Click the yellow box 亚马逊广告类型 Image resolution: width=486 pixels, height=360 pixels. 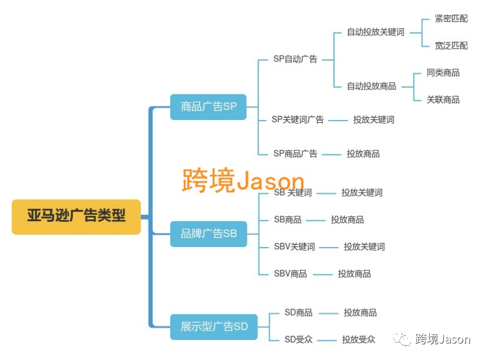(76, 217)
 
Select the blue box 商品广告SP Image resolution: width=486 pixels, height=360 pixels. (208, 107)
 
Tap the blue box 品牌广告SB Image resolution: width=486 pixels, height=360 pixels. (209, 234)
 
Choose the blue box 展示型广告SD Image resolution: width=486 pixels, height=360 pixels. (214, 327)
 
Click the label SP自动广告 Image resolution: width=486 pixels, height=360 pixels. (295, 59)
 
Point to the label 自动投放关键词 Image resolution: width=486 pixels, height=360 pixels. (375, 32)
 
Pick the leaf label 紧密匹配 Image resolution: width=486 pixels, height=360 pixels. (451, 19)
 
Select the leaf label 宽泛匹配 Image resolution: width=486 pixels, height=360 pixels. (451, 46)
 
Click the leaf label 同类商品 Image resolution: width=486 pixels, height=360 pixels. (443, 73)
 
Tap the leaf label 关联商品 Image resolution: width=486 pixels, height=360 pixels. (443, 100)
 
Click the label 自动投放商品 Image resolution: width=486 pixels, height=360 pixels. (371, 86)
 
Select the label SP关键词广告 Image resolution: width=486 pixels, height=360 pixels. (298, 119)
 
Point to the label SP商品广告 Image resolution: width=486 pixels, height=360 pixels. (295, 153)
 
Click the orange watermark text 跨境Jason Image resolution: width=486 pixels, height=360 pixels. (243, 180)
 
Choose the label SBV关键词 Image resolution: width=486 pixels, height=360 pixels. (294, 246)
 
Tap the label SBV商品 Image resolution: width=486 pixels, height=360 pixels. (291, 274)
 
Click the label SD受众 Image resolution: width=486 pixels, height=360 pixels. (298, 340)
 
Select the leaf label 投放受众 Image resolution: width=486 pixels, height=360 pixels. (359, 340)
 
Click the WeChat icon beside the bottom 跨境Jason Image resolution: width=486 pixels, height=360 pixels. (402, 339)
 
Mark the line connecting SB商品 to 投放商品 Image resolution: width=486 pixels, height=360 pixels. (316, 221)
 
